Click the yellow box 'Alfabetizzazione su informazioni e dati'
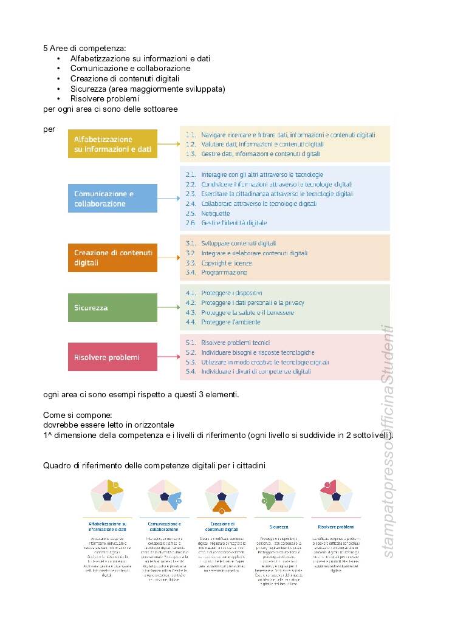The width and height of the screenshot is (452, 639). click(112, 144)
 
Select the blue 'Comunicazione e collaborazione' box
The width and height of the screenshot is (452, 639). click(112, 199)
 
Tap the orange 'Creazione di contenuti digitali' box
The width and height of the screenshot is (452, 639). click(112, 258)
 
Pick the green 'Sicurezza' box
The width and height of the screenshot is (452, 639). click(112, 307)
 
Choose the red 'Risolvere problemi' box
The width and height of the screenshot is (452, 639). click(112, 357)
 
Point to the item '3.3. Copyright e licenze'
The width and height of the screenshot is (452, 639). click(219, 263)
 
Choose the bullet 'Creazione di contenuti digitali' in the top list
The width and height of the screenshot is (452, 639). click(125, 78)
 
